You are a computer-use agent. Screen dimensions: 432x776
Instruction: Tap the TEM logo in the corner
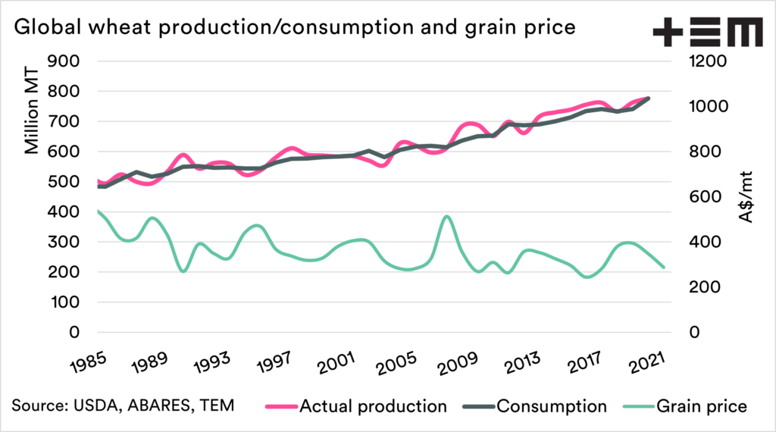point(707,33)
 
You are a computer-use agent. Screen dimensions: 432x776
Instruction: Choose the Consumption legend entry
point(551,406)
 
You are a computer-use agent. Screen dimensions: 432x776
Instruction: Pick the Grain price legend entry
point(702,406)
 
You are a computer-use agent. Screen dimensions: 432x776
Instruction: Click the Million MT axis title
point(32,107)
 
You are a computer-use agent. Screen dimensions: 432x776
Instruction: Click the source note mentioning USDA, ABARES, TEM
point(123,406)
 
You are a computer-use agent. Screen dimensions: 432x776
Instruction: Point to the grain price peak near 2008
point(446,217)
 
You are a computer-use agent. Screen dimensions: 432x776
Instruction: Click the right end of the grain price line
point(664,267)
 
